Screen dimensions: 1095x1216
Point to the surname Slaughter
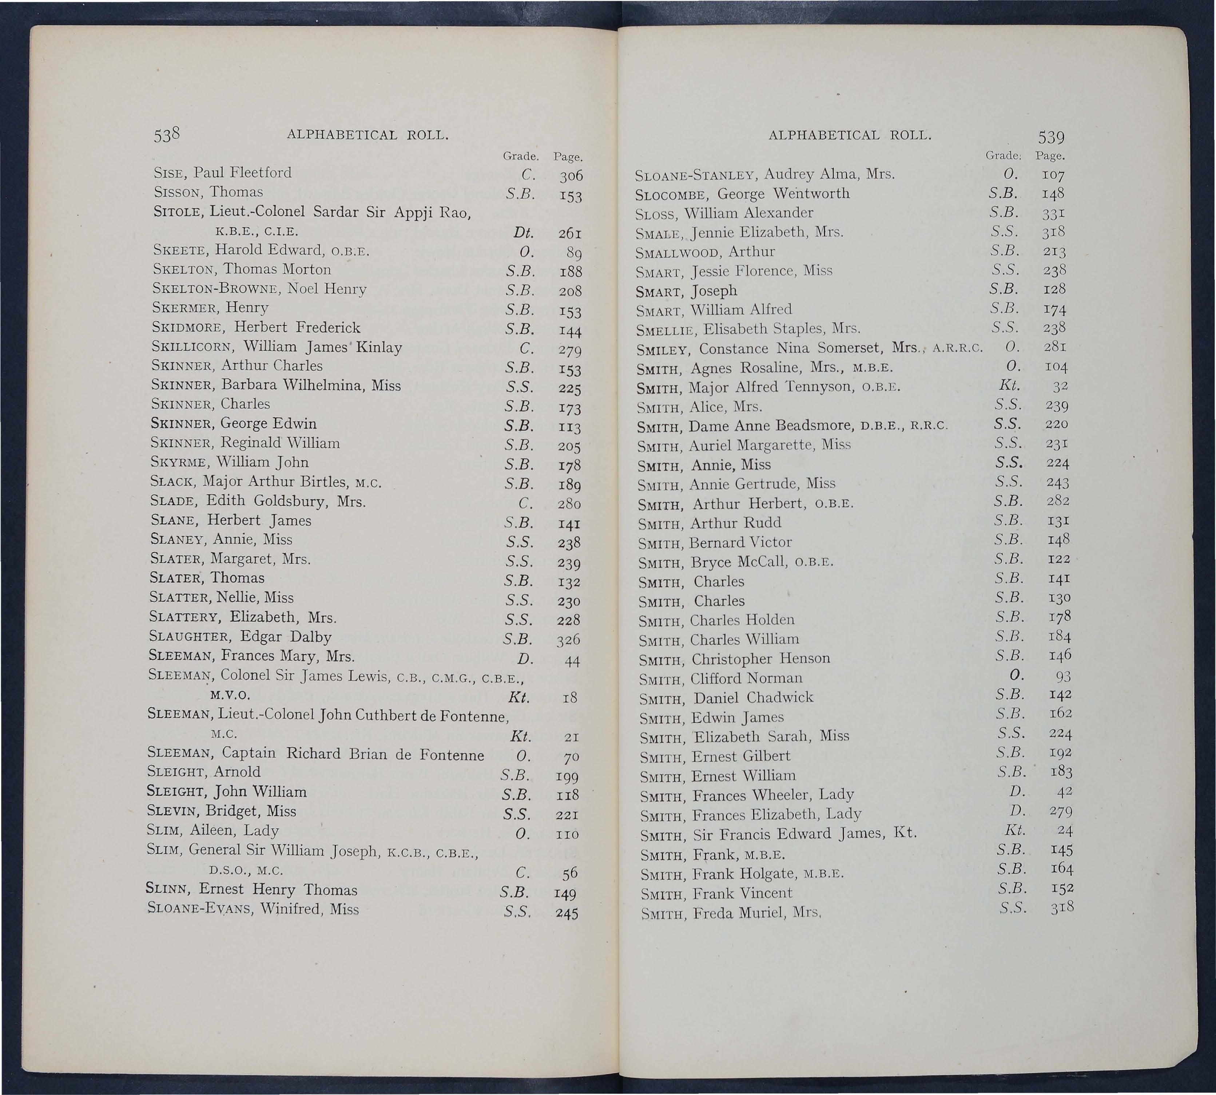pos(190,637)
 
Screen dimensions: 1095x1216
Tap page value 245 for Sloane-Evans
pos(567,913)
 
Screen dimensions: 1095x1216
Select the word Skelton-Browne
pos(216,289)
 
